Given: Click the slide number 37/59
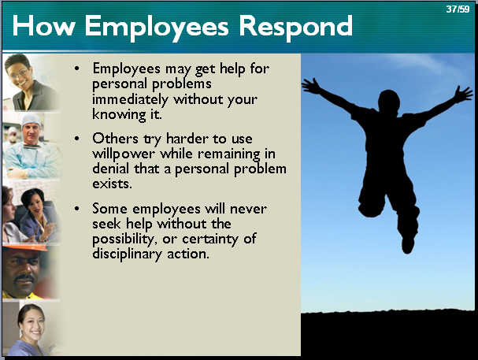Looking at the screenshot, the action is (458, 9).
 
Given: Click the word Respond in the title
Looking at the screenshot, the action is (296, 28).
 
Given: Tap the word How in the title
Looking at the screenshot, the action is (43, 26).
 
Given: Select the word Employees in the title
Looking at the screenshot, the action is (157, 28).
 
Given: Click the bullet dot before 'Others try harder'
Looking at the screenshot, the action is (77, 139).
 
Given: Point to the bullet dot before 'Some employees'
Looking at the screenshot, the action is (77, 209).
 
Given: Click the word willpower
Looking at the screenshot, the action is (124, 154).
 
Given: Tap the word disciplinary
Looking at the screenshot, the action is (127, 254).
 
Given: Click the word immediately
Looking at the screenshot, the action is (130, 100).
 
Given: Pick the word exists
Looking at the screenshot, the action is (112, 184).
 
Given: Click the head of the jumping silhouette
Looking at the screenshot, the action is (389, 101).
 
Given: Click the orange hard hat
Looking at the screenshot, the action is (24, 247).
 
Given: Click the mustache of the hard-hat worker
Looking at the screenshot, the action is (25, 278).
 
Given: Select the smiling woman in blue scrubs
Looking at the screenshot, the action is (29, 330).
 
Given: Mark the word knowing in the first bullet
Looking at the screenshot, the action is (119, 115).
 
